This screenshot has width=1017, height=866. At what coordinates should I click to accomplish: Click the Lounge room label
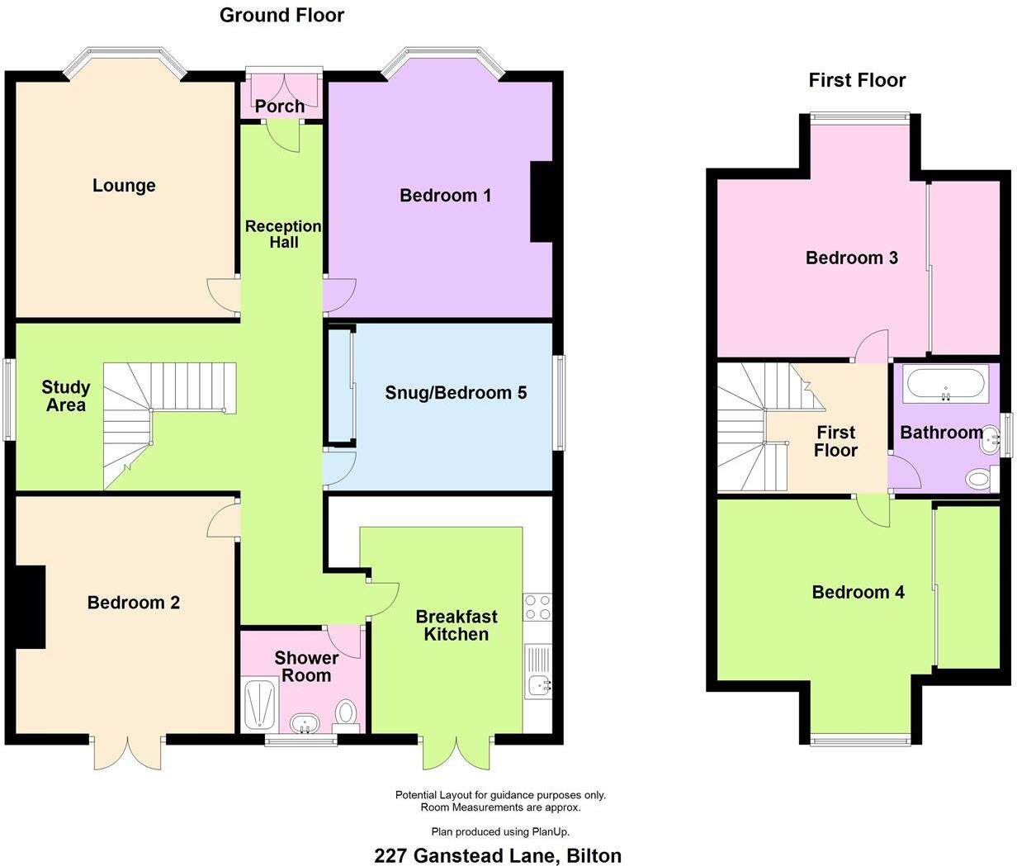click(124, 186)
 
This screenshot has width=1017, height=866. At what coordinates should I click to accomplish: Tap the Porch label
click(279, 106)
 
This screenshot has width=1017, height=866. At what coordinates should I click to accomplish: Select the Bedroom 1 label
click(445, 196)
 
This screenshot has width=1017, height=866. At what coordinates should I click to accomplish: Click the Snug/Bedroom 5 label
click(456, 393)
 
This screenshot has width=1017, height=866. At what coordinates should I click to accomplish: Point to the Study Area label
click(65, 396)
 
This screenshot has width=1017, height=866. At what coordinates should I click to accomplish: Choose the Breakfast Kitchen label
click(456, 626)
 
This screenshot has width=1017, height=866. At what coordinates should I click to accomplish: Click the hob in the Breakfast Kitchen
click(537, 608)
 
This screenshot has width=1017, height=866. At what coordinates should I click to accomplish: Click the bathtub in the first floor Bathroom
click(945, 384)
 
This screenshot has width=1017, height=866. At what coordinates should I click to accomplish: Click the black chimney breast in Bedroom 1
click(541, 202)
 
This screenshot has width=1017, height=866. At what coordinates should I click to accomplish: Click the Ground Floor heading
click(281, 15)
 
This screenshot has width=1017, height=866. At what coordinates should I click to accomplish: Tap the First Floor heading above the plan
click(857, 80)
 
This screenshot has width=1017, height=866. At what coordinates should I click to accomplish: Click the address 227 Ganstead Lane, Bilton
click(498, 855)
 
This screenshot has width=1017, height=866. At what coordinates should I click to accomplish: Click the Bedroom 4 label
click(858, 592)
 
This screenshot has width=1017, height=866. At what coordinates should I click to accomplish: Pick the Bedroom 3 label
click(851, 258)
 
